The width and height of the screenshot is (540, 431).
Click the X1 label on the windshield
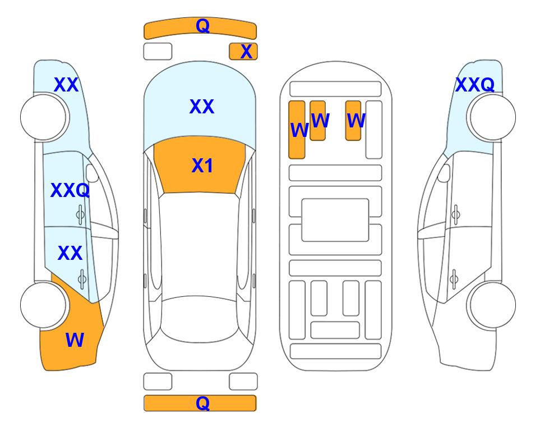(x=202, y=166)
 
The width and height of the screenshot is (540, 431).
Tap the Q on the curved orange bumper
(x=202, y=26)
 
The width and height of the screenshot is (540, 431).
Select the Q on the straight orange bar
(x=202, y=403)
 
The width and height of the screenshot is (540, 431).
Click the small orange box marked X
(x=243, y=52)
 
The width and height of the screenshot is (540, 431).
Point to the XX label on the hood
(x=202, y=106)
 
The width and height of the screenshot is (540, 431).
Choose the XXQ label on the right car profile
(x=475, y=85)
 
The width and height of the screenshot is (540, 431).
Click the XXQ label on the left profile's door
(x=70, y=190)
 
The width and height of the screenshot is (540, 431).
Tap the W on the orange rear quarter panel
(x=75, y=340)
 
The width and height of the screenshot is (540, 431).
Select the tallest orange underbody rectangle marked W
(x=297, y=130)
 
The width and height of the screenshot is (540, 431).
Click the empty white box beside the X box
(x=158, y=52)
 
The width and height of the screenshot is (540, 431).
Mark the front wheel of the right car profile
(x=491, y=117)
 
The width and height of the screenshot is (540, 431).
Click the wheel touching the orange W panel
(x=44, y=305)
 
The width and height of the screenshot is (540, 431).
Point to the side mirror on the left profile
(x=92, y=173)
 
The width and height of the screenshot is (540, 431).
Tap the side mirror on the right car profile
(x=444, y=173)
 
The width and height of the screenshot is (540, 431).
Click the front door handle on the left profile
(x=80, y=215)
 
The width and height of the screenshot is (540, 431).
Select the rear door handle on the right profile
(x=454, y=279)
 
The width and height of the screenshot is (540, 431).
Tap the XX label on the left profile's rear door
(x=70, y=253)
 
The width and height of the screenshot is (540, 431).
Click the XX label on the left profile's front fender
(x=66, y=85)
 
